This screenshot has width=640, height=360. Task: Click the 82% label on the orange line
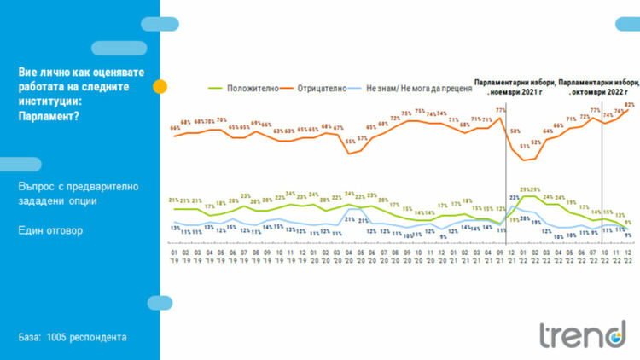coord(630,105)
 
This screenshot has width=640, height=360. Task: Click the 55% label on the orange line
coord(351,142)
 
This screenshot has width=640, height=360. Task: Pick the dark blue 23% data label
coord(515,197)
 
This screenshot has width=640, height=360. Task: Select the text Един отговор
coord(51,230)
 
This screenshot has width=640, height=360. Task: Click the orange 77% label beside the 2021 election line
coord(501,110)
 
